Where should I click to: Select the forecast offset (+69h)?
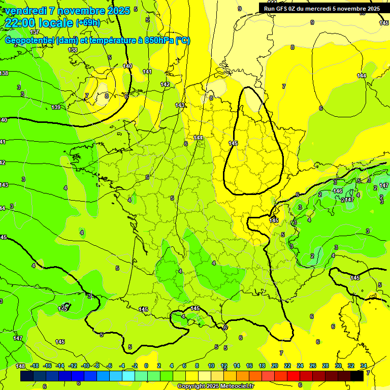coord(88,23)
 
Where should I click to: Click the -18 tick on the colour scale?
coord(35,366)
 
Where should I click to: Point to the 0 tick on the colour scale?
coord(146,366)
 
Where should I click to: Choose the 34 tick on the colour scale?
coord(364,366)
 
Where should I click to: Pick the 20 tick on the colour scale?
coord(275,366)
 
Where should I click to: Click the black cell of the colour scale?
coord(357,376)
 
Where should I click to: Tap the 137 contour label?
coord(35,32)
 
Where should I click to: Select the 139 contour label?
coord(56,107)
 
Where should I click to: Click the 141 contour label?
coord(147,72)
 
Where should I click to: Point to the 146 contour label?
coord(338,191)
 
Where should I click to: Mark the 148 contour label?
coord(20,366)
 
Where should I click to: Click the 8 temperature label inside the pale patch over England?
coord(106,95)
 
